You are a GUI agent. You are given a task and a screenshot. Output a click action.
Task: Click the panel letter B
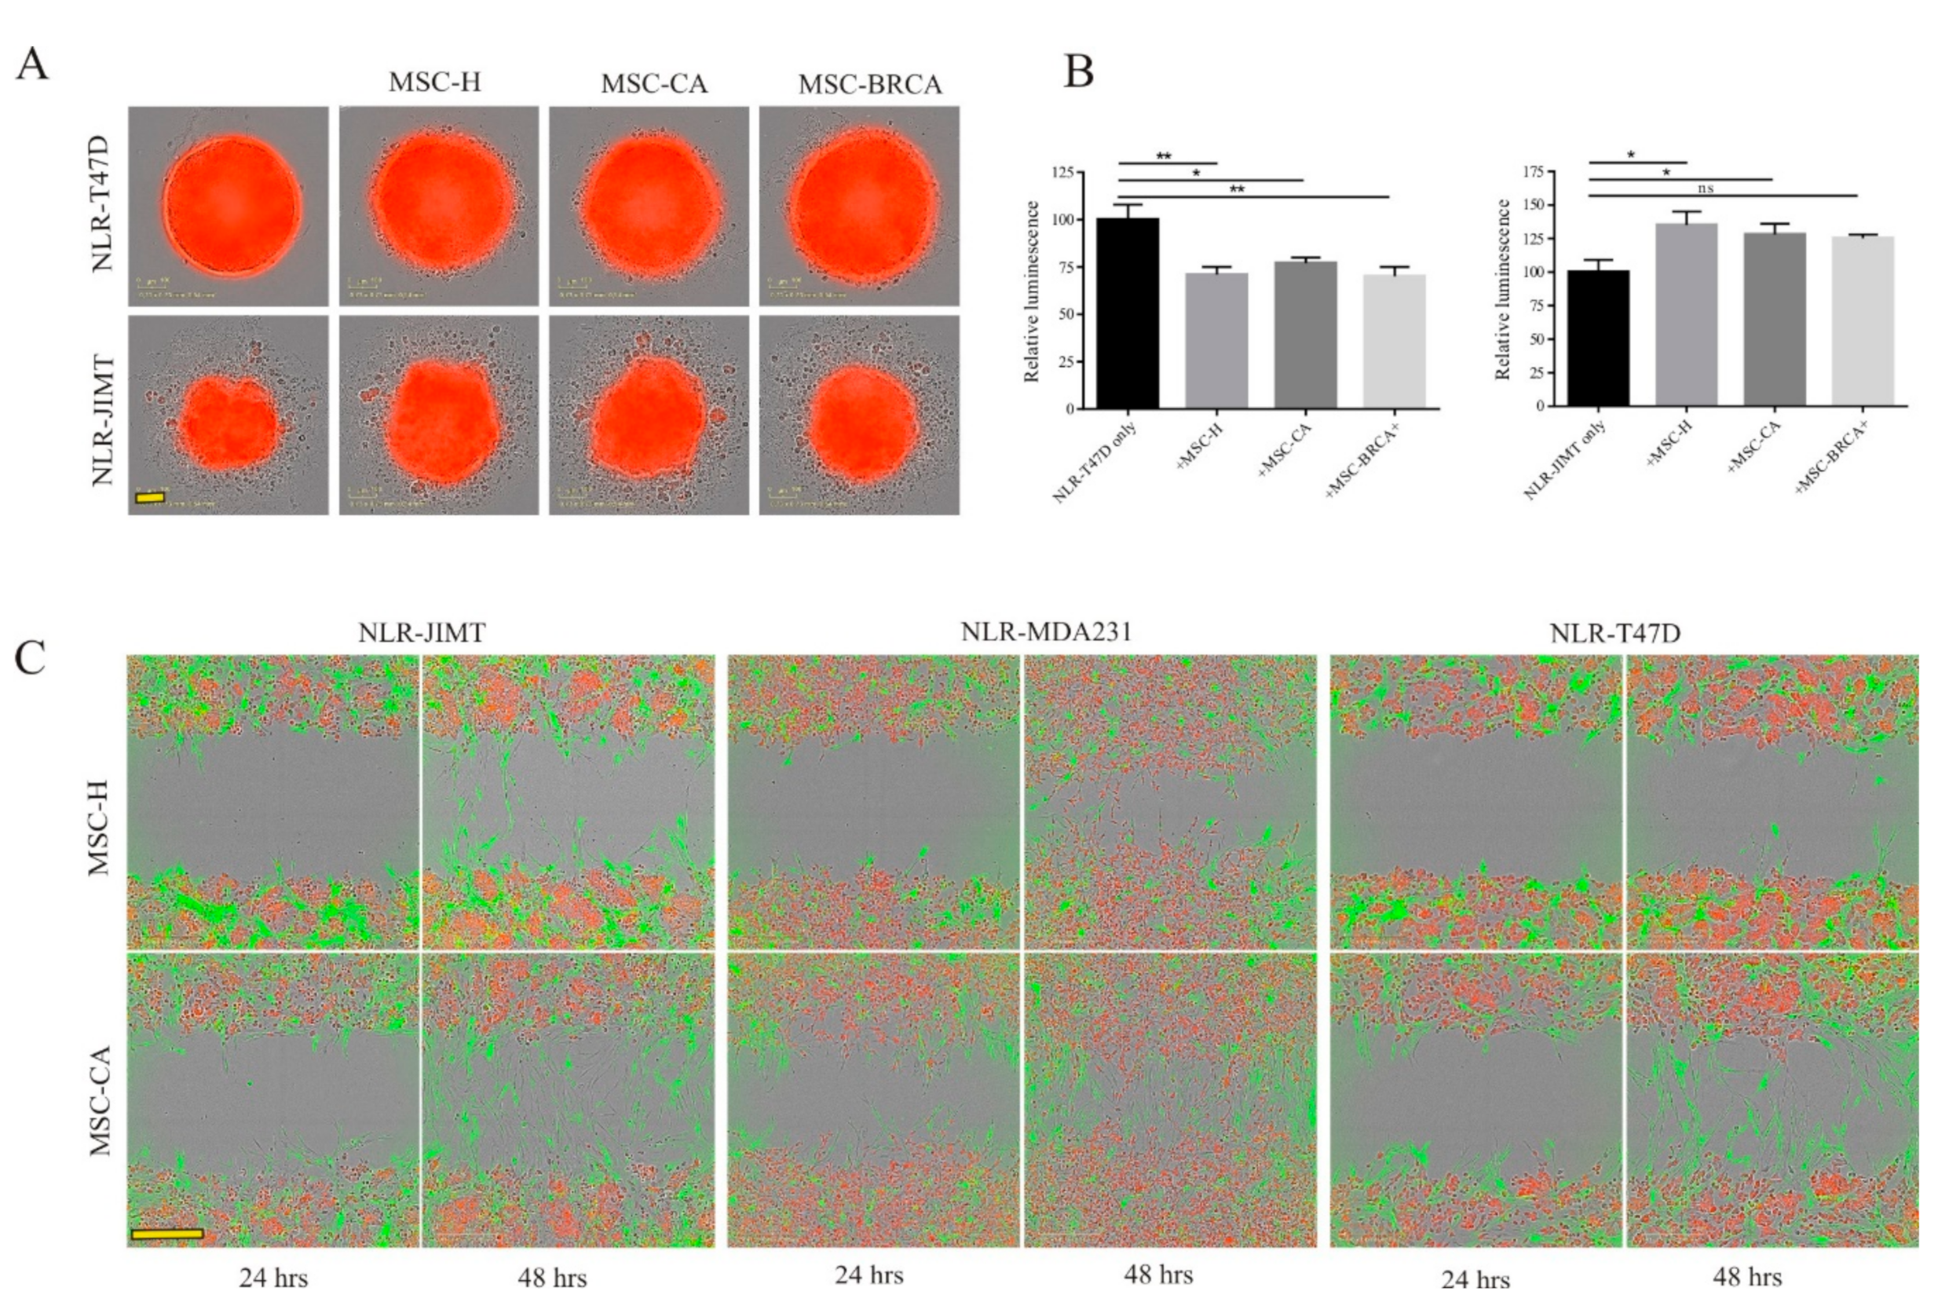[1078, 71]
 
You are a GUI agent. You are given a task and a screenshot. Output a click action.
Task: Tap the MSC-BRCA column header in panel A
[869, 85]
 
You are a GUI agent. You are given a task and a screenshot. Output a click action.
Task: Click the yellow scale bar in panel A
[150, 497]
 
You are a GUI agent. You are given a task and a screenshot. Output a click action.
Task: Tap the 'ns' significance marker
[1706, 188]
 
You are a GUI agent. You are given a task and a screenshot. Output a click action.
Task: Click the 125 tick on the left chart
[1062, 173]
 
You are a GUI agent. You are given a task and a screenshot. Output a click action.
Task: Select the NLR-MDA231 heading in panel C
[1046, 632]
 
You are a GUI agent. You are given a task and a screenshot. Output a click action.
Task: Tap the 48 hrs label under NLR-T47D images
[1746, 1277]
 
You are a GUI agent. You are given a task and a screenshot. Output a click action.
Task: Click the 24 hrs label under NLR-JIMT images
[273, 1278]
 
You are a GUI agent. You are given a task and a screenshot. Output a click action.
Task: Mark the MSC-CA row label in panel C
[101, 1100]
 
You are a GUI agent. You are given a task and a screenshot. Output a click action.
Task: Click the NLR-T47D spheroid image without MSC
[229, 206]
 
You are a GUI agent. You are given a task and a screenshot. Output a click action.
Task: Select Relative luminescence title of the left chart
[1032, 291]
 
